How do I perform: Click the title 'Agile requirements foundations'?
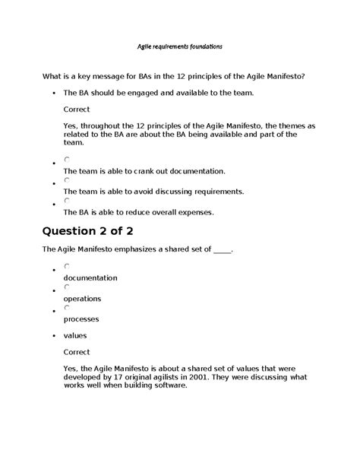pos(179,46)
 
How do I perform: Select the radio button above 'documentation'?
pos(68,266)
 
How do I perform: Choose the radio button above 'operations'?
pos(68,287)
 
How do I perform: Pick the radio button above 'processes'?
pos(68,307)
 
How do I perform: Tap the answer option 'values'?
pos(75,335)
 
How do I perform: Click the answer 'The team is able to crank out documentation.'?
pos(144,171)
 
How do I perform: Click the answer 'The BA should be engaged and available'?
pos(158,92)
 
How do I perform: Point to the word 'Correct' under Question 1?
pos(77,109)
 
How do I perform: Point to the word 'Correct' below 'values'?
pos(77,352)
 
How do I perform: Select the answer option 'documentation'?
pos(90,277)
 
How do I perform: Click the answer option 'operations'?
pos(82,298)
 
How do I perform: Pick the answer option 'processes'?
pos(81,319)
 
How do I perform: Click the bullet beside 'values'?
pos(52,336)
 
